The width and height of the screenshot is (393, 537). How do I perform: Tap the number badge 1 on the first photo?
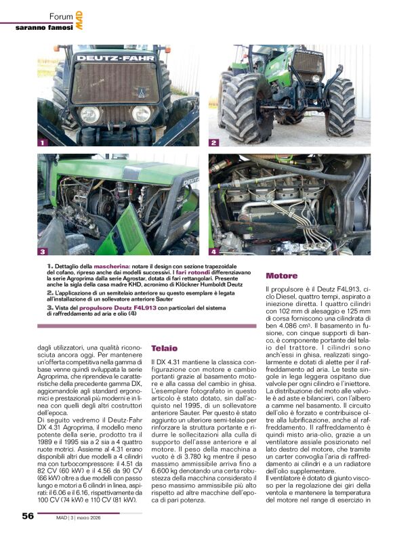tap(43, 143)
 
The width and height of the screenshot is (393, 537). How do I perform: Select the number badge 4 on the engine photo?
tap(214, 252)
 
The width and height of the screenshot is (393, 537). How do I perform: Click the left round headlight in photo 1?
tap(89, 114)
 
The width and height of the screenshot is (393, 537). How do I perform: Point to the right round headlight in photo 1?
tap(141, 113)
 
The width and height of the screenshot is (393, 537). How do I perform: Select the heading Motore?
tap(281, 276)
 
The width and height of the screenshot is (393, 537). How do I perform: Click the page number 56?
tap(27, 517)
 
